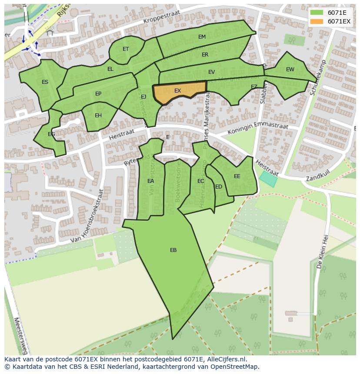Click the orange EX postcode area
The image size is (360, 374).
[x=179, y=92]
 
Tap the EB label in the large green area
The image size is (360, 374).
[x=173, y=250]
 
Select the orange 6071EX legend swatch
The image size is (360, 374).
[x=317, y=21]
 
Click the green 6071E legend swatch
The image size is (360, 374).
[x=317, y=13]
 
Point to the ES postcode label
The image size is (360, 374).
[x=45, y=82]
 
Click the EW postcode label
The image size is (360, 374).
[x=290, y=70]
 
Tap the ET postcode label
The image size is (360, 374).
[x=126, y=49]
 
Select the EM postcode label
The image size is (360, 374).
[x=202, y=37]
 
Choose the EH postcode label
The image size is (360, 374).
[x=98, y=116]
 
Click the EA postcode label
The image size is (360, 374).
[x=150, y=181]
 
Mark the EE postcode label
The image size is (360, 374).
[x=237, y=176]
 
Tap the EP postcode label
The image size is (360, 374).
[x=98, y=94]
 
